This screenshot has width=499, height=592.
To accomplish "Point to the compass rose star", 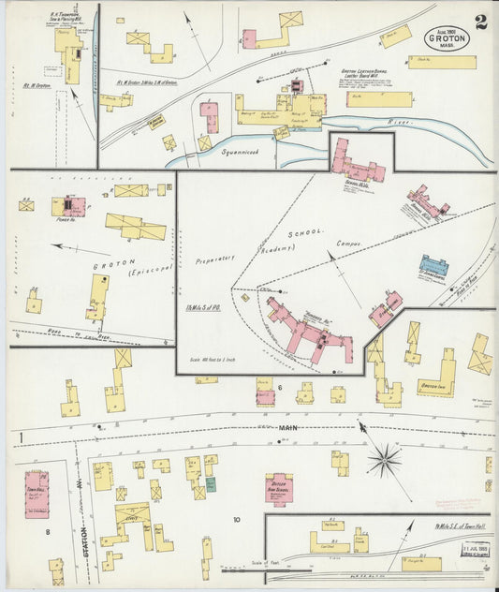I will [x=384, y=460].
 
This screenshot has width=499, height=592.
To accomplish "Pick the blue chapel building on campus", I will [x=433, y=266].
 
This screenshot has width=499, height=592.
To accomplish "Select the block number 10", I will [x=237, y=519].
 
